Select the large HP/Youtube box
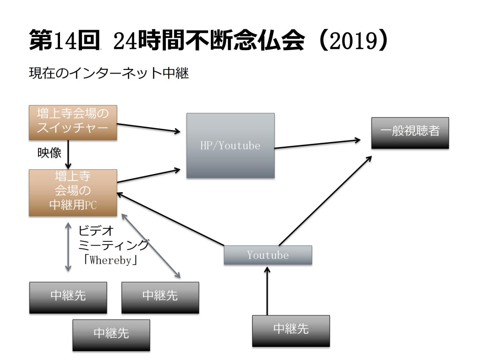pyautogui.click(x=230, y=145)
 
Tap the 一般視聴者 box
pyautogui.click(x=410, y=133)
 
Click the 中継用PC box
pyautogui.click(x=73, y=193)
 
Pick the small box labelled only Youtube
pyautogui.click(x=268, y=255)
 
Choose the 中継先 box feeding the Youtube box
pyautogui.click(x=291, y=330)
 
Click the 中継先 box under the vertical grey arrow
pyautogui.click(x=68, y=297)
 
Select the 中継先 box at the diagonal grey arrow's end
pyautogui.click(x=160, y=297)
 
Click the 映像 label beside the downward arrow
pyautogui.click(x=49, y=153)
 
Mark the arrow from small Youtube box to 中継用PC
pyautogui.click(x=169, y=218)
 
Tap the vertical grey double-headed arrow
pyautogui.click(x=68, y=247)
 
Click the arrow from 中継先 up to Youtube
pyautogui.click(x=267, y=291)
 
